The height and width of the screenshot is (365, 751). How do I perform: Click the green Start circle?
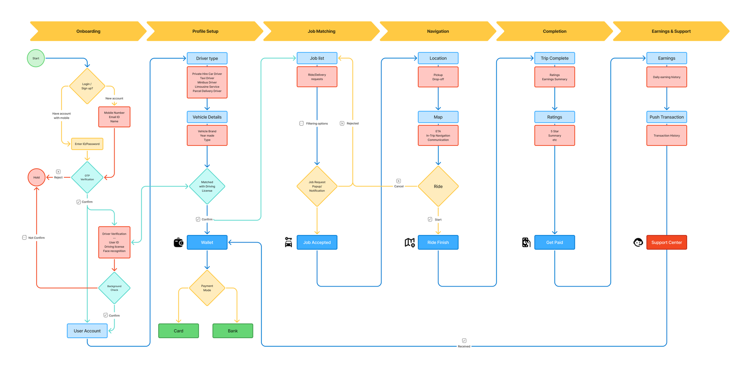coord(36,58)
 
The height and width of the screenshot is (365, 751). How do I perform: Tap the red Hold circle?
coord(37,177)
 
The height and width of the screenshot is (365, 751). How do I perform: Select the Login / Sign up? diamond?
coord(87,86)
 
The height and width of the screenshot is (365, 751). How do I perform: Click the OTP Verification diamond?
coord(87,177)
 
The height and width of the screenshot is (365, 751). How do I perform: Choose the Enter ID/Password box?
coord(87,144)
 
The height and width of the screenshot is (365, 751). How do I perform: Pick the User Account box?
coord(87,331)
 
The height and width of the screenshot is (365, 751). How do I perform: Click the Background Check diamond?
coord(114,288)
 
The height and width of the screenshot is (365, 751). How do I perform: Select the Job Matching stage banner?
coord(322,31)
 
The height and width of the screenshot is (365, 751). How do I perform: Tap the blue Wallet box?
coord(207,243)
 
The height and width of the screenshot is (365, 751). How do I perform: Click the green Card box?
coord(178,331)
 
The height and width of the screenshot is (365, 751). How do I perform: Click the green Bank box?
coord(233,331)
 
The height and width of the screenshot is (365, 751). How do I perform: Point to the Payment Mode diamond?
coord(207,288)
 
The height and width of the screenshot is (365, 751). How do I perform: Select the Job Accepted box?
coord(317,243)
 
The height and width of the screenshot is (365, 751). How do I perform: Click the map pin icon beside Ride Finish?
coord(410,243)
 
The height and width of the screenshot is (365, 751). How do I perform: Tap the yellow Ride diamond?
coord(438,186)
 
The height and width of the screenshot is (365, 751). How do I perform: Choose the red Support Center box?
coord(666,243)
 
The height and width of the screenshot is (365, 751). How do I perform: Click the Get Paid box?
coord(554,243)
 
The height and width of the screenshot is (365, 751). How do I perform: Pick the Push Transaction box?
coord(667,117)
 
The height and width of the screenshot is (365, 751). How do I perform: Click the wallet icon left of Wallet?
coord(178,243)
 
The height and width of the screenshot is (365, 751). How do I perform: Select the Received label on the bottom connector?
coord(464,346)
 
